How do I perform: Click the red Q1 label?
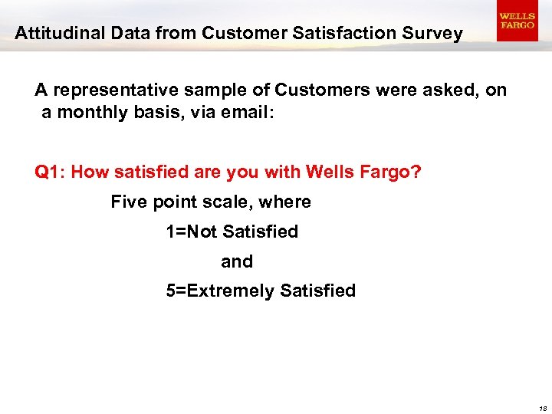[50, 172]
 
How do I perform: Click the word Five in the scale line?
[128, 202]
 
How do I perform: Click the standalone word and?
[237, 261]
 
